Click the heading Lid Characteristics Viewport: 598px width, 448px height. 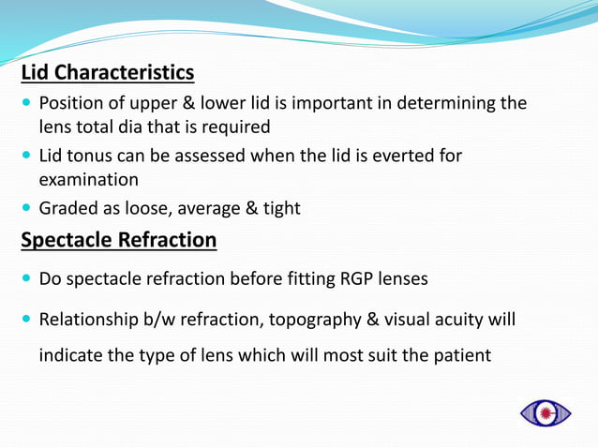point(108,72)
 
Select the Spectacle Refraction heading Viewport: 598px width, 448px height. point(119,240)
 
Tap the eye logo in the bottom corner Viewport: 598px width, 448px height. point(546,412)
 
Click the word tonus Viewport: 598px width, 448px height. point(92,156)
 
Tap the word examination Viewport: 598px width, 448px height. point(89,179)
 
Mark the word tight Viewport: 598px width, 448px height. point(277,208)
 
